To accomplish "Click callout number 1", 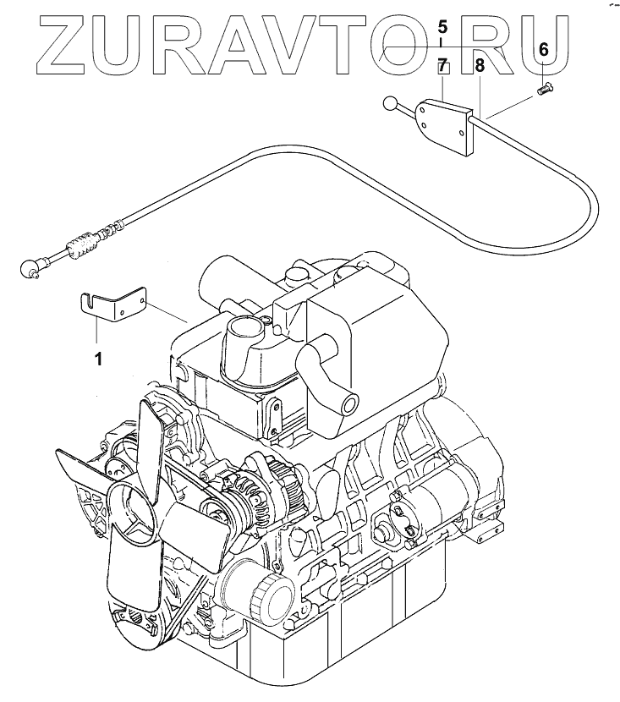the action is (98, 359).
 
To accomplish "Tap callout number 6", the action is (543, 50).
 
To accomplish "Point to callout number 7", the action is (442, 64).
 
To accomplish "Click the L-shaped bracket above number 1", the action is (114, 304).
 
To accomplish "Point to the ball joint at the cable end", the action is (29, 268).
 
